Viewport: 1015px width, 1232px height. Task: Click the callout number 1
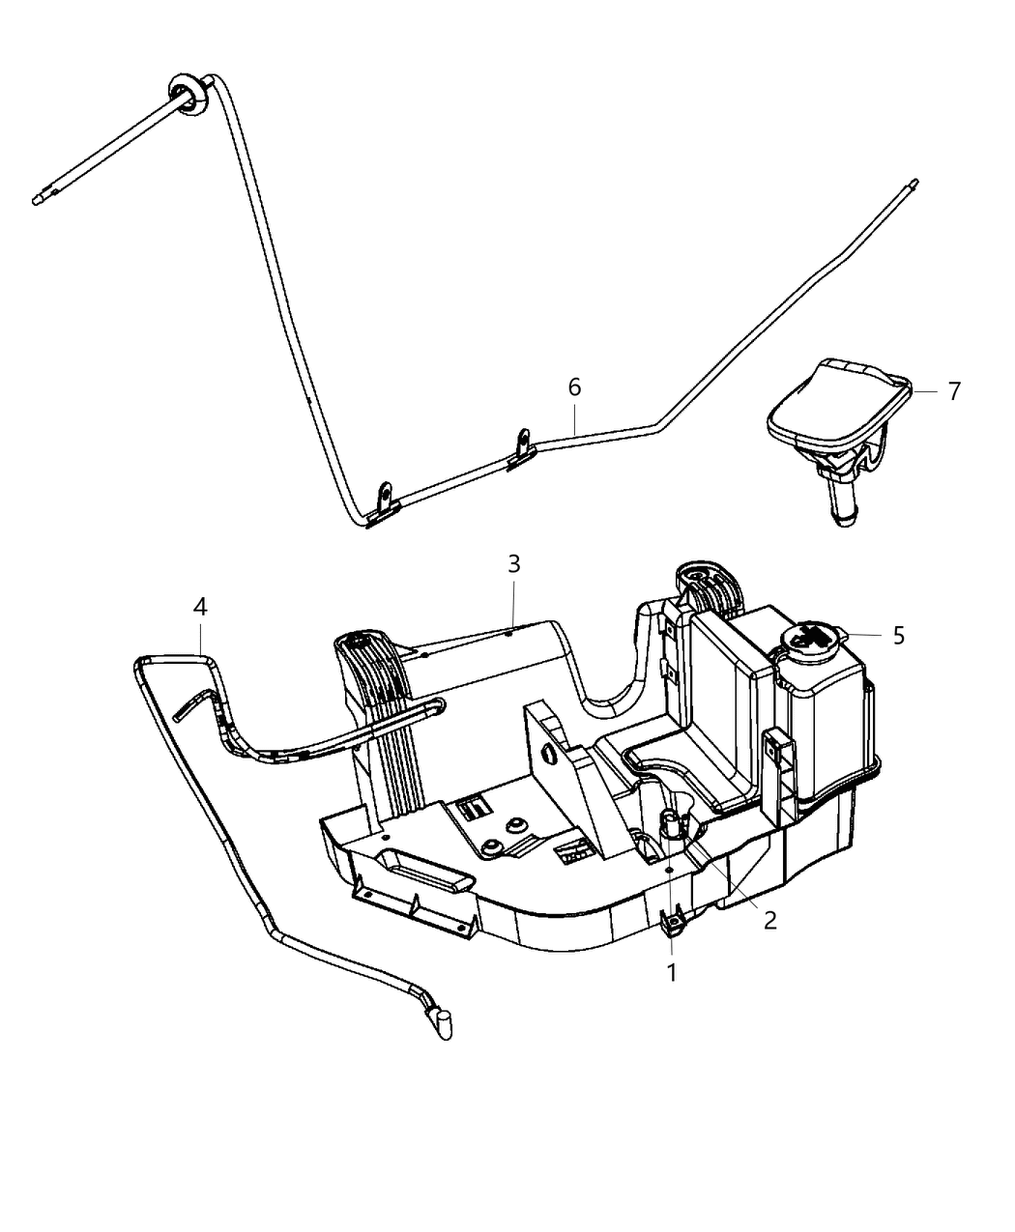tap(671, 971)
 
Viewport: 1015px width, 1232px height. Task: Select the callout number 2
tap(769, 921)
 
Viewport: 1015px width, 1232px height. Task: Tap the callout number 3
tap(513, 563)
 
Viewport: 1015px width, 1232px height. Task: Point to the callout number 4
tap(200, 607)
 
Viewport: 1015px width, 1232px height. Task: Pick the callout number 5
tap(899, 636)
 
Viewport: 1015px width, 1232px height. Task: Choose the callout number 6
tap(574, 387)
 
